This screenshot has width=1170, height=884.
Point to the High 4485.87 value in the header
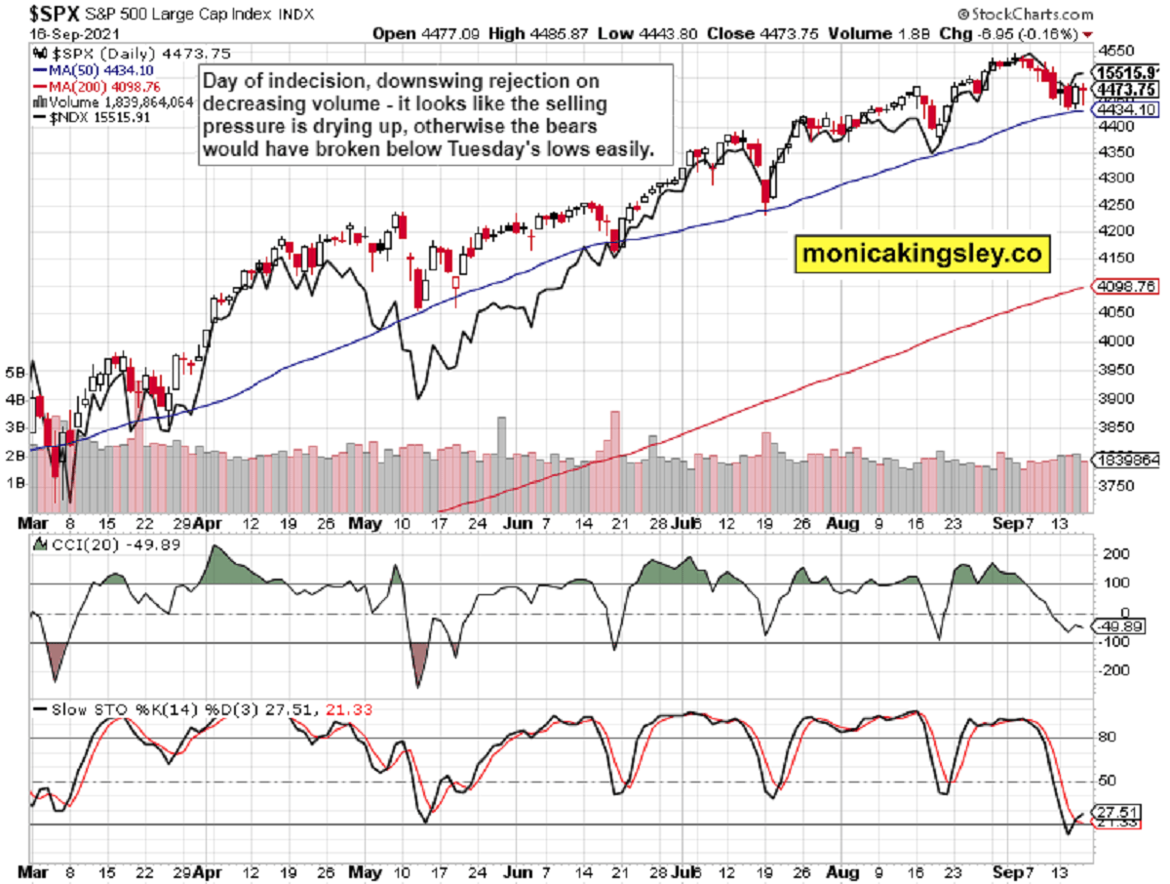(539, 34)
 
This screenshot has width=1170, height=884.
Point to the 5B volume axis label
(14, 372)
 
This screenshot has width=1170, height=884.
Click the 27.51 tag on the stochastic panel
(1121, 811)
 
